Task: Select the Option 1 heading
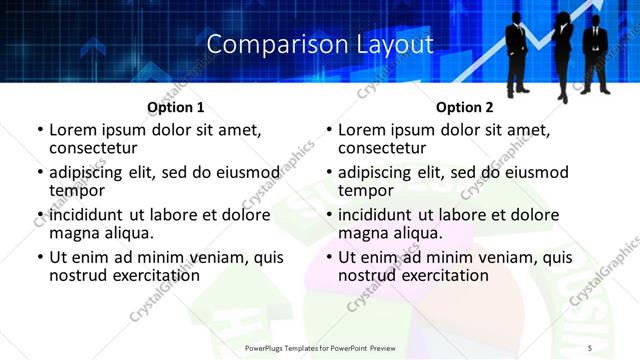tap(176, 107)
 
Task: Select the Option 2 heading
tap(465, 107)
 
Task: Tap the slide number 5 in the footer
tap(590, 347)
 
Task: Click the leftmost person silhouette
tap(516, 50)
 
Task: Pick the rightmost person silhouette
tap(596, 50)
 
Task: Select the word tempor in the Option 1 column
tap(77, 190)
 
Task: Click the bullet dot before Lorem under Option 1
tap(40, 130)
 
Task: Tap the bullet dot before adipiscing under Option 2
tap(329, 173)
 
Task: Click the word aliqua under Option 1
tap(127, 233)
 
